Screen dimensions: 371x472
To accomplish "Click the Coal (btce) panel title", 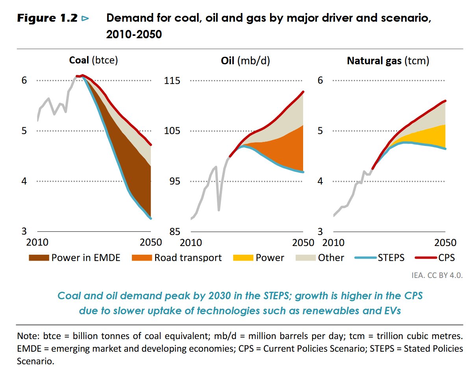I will click(93, 60).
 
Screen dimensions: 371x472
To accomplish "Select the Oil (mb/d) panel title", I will click(245, 60).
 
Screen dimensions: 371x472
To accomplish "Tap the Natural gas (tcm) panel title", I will click(388, 60).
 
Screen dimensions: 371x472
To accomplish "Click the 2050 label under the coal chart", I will click(150, 242).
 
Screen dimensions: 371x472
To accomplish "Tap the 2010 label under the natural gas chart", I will click(333, 242).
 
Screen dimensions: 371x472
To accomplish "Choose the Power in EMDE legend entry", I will click(74, 258).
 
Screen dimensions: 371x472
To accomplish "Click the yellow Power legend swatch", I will click(243, 258).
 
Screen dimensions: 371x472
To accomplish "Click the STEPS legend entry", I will click(379, 258).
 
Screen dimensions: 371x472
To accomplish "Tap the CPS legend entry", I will click(435, 258).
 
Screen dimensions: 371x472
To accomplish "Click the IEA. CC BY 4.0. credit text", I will click(434, 275).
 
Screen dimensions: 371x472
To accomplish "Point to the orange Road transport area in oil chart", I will click(283, 152).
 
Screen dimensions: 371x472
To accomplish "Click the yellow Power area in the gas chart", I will click(429, 136).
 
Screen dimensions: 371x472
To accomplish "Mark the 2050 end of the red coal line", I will click(151, 145).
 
